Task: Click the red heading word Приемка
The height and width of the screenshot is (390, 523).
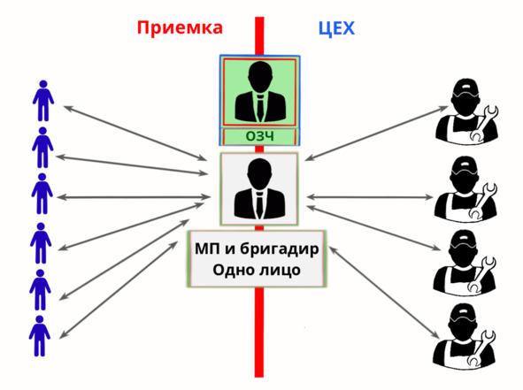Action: [x=180, y=28]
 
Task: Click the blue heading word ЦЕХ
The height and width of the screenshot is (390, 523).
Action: [x=336, y=28]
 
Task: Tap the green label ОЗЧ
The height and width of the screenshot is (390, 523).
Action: [x=260, y=136]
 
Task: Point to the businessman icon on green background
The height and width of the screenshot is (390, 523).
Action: [x=260, y=92]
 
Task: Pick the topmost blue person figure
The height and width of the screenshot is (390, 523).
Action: [x=43, y=101]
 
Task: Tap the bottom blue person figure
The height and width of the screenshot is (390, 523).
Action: [x=40, y=336]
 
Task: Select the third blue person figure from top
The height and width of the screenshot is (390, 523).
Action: [x=42, y=194]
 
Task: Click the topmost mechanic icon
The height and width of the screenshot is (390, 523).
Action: [x=467, y=111]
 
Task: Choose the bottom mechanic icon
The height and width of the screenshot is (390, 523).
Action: [x=465, y=336]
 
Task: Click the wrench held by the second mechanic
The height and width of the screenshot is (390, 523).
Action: [x=482, y=201]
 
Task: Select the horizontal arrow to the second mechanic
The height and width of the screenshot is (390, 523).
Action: [x=370, y=197]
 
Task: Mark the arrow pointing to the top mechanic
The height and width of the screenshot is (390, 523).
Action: [x=377, y=134]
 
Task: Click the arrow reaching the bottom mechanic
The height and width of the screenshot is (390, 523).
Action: [x=384, y=293]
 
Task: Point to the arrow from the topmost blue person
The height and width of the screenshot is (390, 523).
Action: [x=135, y=133]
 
